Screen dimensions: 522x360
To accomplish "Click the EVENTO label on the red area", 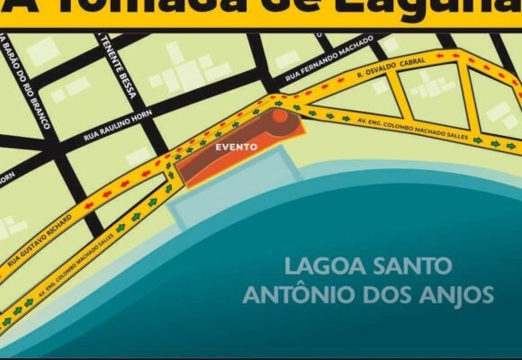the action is click(x=237, y=146).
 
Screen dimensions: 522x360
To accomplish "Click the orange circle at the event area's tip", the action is click(x=280, y=115).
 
